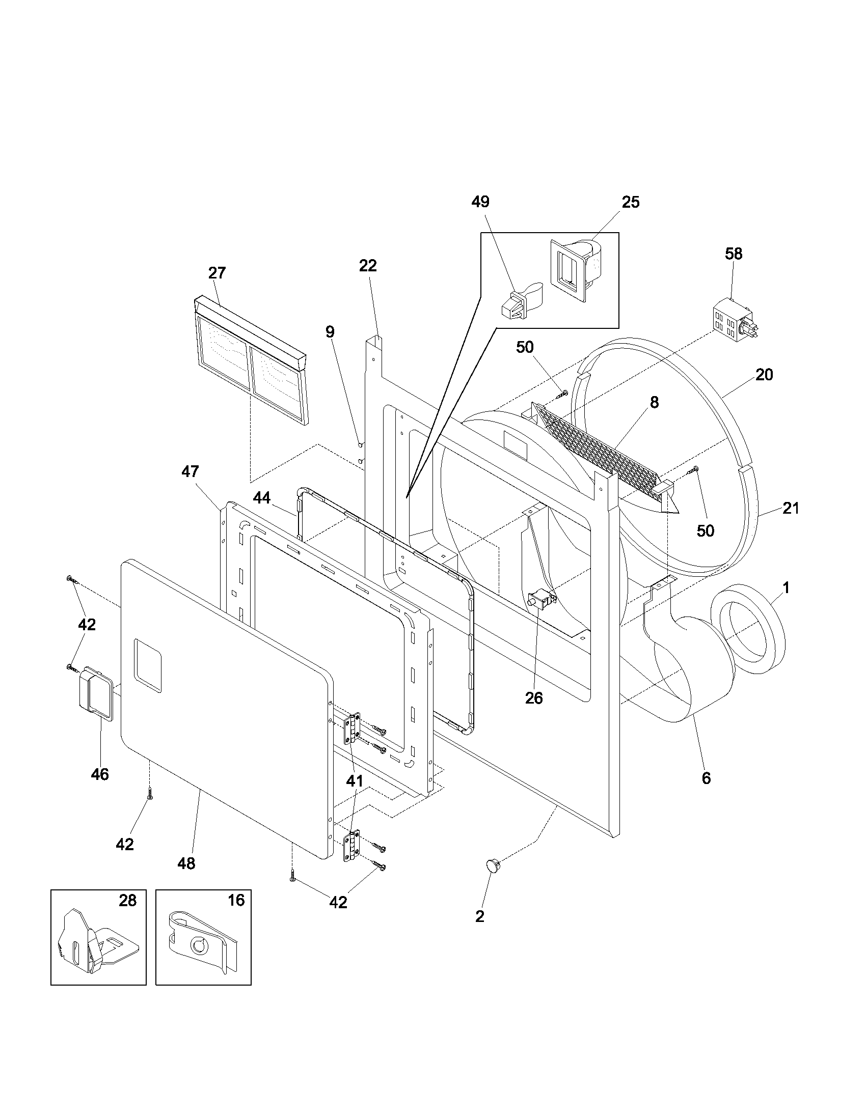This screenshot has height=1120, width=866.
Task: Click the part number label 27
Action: click(216, 273)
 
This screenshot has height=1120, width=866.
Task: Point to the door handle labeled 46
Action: click(95, 693)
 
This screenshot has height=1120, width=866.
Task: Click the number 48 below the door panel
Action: click(186, 863)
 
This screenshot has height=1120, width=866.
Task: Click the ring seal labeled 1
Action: click(748, 629)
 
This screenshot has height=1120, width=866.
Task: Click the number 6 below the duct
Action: click(706, 778)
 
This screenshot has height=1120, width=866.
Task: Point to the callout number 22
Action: click(368, 266)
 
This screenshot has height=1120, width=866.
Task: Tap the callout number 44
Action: click(262, 498)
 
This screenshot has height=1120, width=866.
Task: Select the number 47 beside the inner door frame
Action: click(190, 471)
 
